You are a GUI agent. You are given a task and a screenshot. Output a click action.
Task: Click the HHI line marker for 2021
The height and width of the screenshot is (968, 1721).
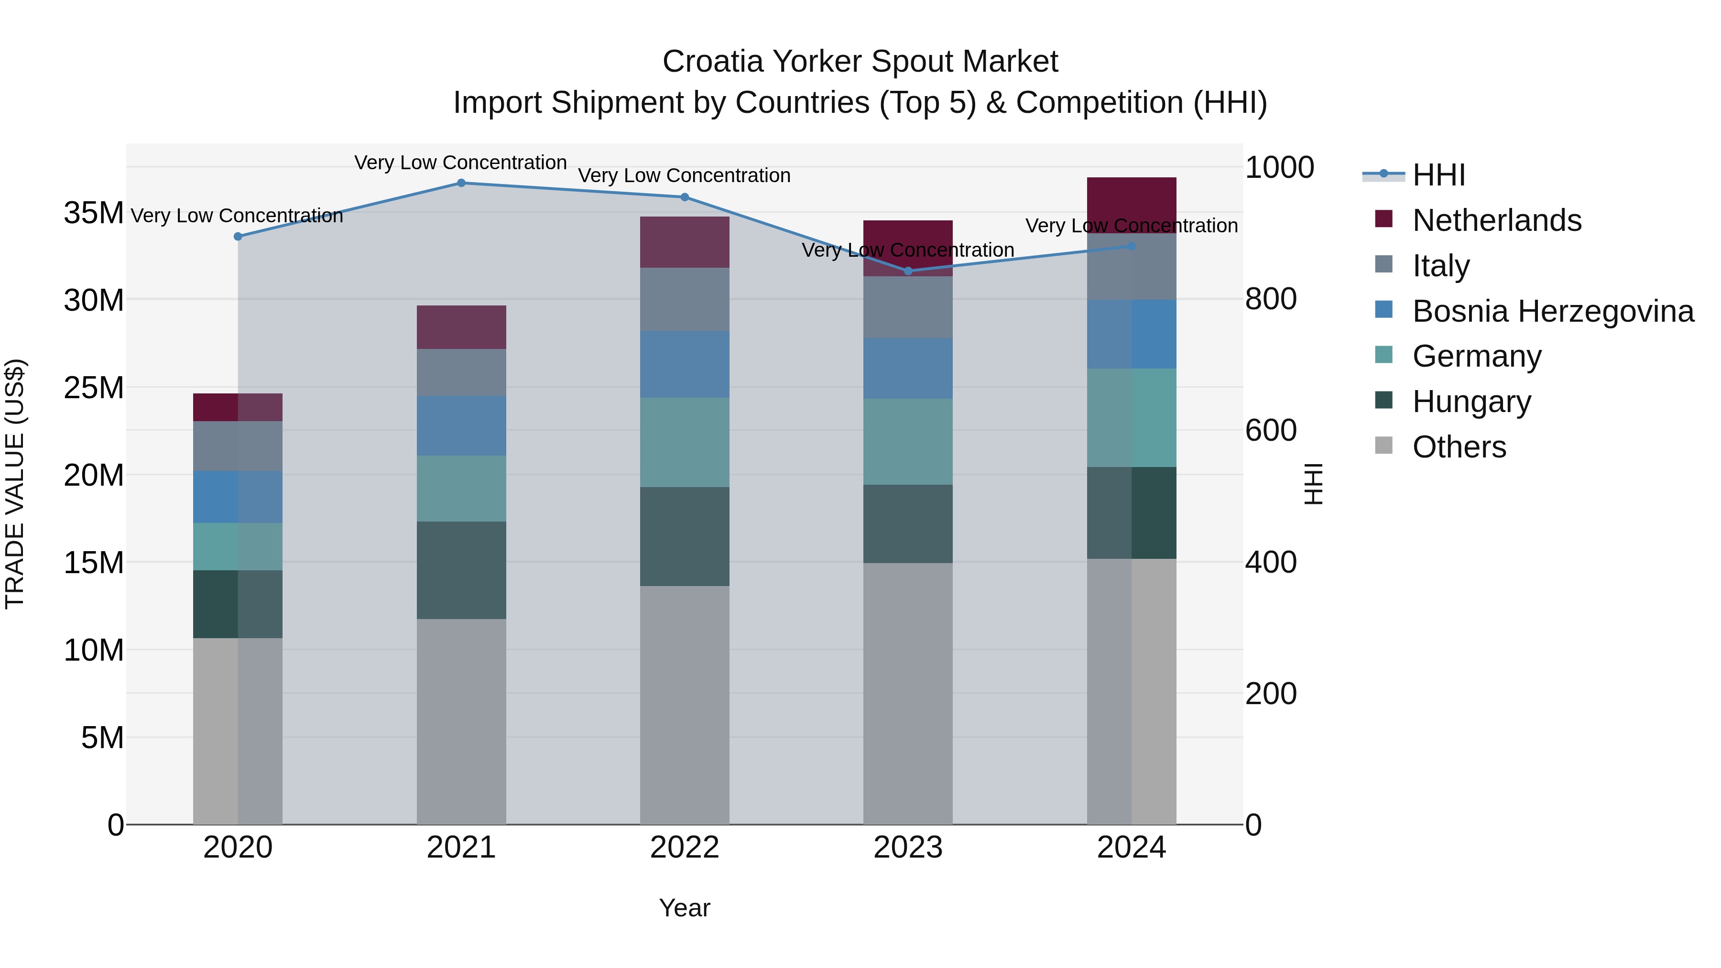click(x=461, y=183)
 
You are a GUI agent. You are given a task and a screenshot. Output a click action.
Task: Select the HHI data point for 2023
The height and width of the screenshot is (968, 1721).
click(x=908, y=271)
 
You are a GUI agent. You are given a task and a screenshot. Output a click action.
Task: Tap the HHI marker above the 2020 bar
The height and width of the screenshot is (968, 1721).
click(x=238, y=237)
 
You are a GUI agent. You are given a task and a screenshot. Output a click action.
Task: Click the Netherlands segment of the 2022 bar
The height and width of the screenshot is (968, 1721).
click(x=684, y=242)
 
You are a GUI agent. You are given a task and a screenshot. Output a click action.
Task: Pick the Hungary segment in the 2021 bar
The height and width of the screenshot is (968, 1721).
click(x=461, y=570)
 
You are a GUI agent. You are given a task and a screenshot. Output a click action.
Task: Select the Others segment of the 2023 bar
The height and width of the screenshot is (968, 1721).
click(x=908, y=694)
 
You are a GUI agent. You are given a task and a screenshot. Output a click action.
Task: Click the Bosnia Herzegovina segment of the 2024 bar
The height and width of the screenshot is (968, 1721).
click(x=1131, y=334)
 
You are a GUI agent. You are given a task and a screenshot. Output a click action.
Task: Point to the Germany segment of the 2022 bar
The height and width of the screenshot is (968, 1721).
click(x=684, y=442)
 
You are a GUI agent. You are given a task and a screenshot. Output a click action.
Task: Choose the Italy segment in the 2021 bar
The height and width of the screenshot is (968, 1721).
click(x=461, y=372)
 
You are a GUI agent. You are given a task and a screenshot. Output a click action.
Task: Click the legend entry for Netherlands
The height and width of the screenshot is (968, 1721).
click(x=1496, y=220)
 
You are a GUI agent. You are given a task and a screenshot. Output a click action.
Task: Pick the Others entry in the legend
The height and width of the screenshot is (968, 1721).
click(x=1459, y=447)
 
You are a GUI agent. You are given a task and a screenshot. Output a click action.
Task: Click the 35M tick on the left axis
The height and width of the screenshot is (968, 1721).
click(x=94, y=213)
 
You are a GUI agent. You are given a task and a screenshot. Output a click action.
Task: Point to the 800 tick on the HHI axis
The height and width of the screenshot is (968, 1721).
click(x=1271, y=299)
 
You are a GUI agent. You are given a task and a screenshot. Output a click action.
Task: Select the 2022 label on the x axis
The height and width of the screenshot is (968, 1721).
click(x=684, y=848)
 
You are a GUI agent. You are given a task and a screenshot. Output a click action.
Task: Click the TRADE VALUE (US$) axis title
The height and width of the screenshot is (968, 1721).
click(x=15, y=484)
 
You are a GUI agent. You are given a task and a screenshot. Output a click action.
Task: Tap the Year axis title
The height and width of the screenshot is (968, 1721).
click(x=684, y=908)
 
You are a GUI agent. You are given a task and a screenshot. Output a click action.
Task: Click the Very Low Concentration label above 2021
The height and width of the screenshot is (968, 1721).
click(x=460, y=163)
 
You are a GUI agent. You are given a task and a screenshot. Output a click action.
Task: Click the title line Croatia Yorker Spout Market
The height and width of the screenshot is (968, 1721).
click(x=860, y=62)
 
